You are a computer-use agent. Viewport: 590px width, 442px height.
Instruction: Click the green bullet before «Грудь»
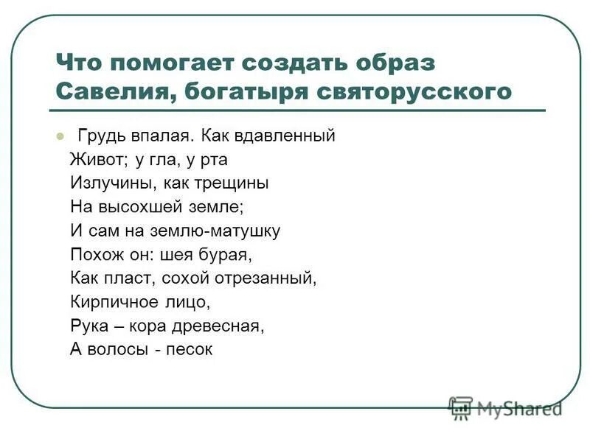(60, 136)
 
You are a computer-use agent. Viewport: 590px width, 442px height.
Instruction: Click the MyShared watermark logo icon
(461, 407)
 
